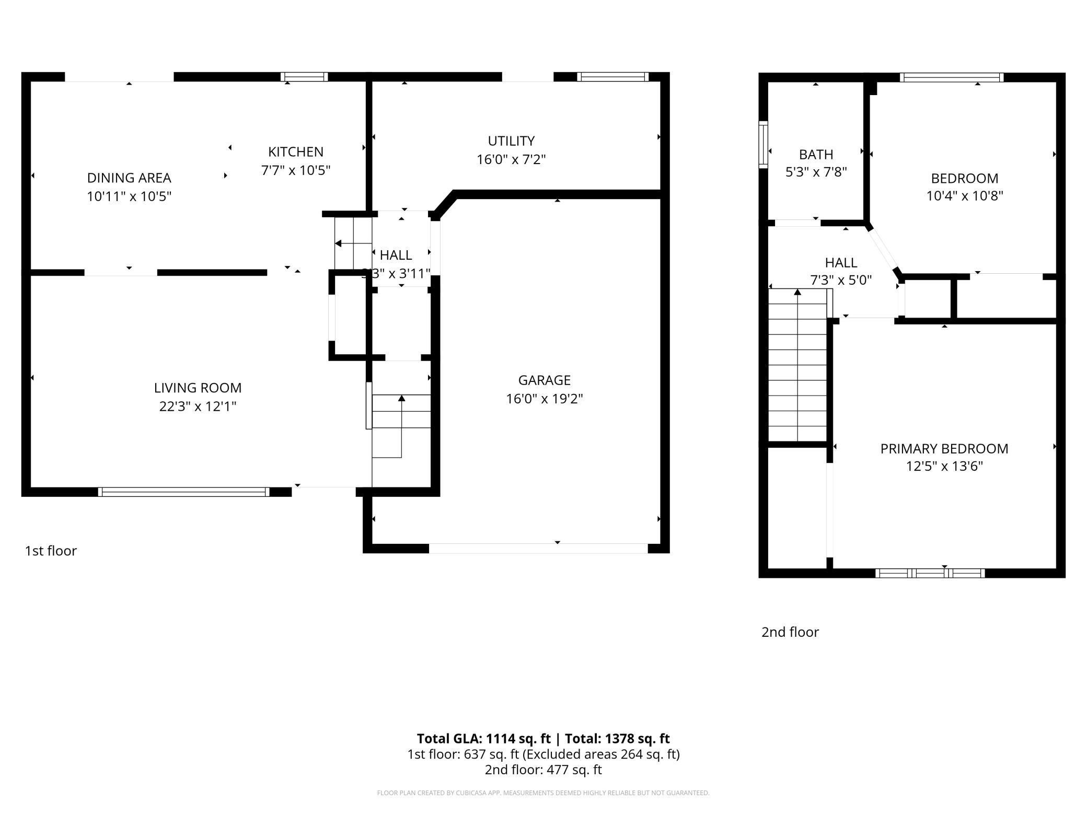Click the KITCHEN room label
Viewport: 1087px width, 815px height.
296,152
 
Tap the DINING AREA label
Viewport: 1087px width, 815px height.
129,178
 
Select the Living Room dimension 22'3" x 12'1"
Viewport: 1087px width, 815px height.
198,406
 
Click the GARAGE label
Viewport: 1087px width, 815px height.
544,380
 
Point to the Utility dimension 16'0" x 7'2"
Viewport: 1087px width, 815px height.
511,159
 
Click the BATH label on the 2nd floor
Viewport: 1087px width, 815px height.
816,155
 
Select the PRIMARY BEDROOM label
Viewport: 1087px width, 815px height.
944,449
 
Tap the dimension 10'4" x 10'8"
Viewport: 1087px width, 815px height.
965,196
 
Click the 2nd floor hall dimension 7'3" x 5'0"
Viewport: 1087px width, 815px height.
841,281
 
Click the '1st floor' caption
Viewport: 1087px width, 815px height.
51,551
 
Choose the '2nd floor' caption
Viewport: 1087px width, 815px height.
790,632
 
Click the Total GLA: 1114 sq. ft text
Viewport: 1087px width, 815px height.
483,739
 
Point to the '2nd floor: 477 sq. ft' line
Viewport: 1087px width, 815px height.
543,770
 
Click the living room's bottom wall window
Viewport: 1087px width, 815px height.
183,492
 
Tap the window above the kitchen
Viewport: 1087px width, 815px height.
304,77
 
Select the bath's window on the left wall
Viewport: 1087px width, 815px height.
764,145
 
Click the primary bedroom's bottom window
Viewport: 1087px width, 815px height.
930,573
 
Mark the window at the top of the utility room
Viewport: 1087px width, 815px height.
612,77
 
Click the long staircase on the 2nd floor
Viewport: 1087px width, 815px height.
797,366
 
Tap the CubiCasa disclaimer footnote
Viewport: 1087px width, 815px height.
543,793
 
